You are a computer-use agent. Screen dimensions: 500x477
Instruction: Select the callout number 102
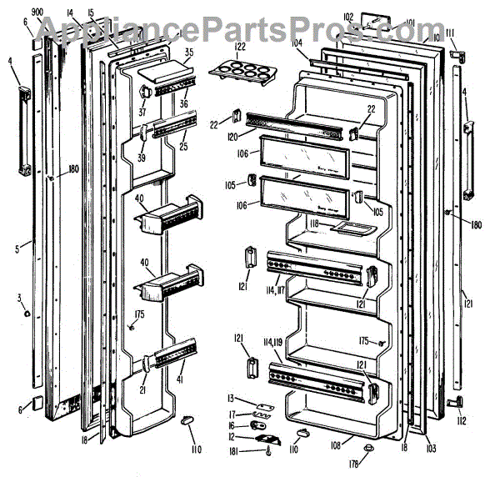click(347, 15)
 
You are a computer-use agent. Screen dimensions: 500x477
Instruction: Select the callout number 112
click(462, 422)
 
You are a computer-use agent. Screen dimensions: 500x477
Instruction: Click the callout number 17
click(235, 413)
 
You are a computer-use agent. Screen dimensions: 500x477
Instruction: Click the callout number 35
click(188, 53)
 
